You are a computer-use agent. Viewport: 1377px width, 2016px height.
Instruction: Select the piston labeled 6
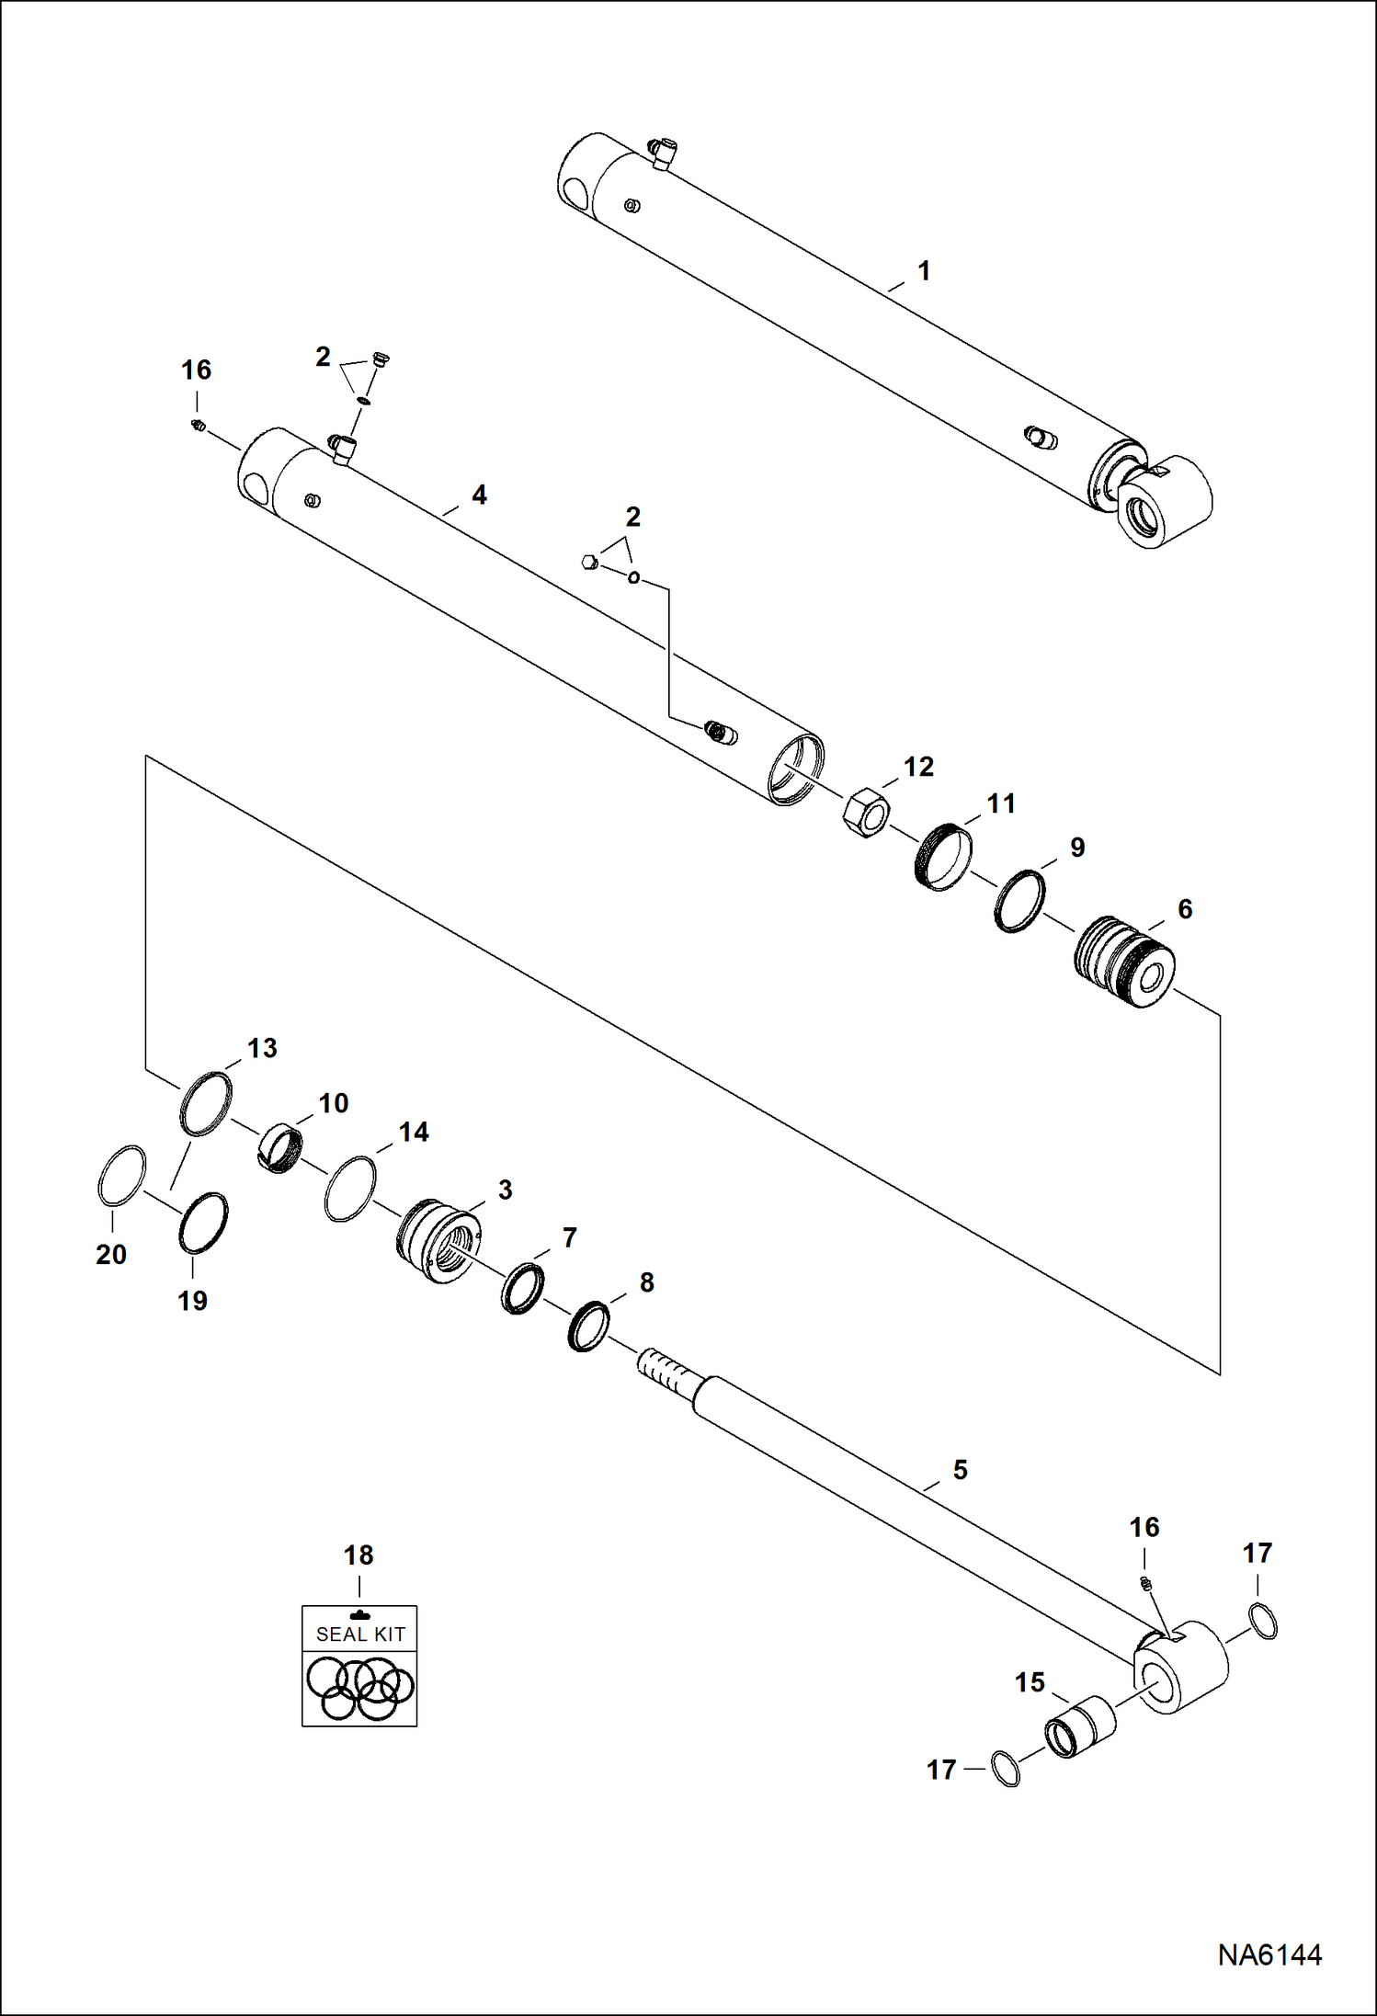pyautogui.click(x=1123, y=962)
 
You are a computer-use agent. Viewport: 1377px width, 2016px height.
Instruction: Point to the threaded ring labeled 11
pyautogui.click(x=944, y=857)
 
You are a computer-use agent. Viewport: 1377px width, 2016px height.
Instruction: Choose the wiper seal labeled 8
pyautogui.click(x=588, y=1326)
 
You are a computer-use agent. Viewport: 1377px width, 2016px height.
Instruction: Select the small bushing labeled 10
pyautogui.click(x=279, y=1149)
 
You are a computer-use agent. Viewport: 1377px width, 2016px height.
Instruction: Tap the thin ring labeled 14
pyautogui.click(x=350, y=1189)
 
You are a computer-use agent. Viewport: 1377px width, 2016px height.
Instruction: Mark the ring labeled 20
pyautogui.click(x=121, y=1173)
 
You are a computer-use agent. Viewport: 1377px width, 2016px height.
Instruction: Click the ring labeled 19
pyautogui.click(x=202, y=1222)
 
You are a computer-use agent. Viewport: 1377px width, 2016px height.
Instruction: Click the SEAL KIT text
pyautogui.click(x=360, y=1634)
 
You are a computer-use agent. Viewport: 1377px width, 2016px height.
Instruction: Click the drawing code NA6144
pyautogui.click(x=1269, y=1955)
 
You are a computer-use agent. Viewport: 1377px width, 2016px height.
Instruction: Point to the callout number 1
pyautogui.click(x=924, y=270)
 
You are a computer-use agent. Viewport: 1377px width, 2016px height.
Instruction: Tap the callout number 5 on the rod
pyautogui.click(x=960, y=1469)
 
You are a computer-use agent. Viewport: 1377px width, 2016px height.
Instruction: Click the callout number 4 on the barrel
pyautogui.click(x=479, y=495)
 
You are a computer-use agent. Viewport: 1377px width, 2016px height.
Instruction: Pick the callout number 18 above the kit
pyautogui.click(x=358, y=1555)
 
